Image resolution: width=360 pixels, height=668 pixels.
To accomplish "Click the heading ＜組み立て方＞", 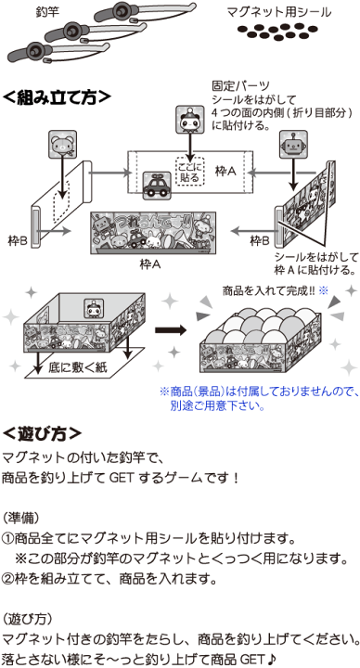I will tap(56, 96).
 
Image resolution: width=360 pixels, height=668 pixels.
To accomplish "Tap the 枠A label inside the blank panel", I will tap(225, 172).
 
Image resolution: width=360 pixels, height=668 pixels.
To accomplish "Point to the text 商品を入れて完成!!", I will tap(264, 290).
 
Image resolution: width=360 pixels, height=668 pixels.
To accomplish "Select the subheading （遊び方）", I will tap(29, 616).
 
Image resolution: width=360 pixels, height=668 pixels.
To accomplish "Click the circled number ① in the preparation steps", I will tap(8, 538).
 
